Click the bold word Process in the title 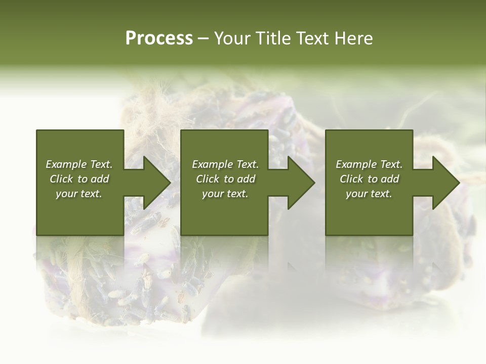[159, 38]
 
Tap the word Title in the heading [274, 38]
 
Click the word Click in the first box [61, 179]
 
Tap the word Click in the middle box [208, 179]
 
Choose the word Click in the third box [351, 179]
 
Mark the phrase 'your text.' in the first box [79, 194]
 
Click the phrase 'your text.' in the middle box [225, 194]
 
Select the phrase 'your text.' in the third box [369, 194]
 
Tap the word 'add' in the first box [100, 179]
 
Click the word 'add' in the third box [390, 179]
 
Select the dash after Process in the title [204, 38]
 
